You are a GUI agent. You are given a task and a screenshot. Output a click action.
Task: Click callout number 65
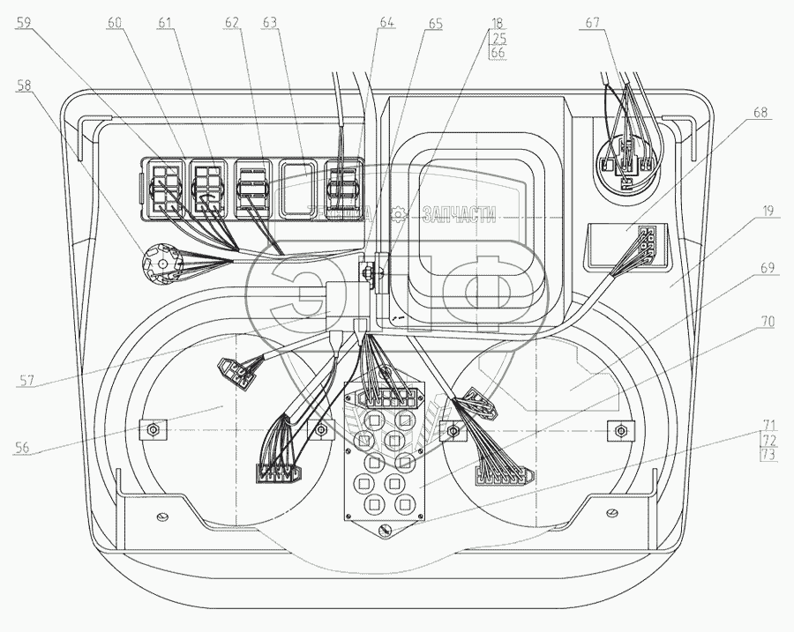click(436, 24)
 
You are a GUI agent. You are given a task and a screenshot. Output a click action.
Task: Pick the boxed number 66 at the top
click(498, 52)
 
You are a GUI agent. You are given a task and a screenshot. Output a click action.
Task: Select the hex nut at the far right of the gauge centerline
click(622, 431)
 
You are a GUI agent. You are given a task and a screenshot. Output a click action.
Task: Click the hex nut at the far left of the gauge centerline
click(154, 430)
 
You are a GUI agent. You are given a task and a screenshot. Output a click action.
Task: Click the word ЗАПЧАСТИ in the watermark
click(459, 213)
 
